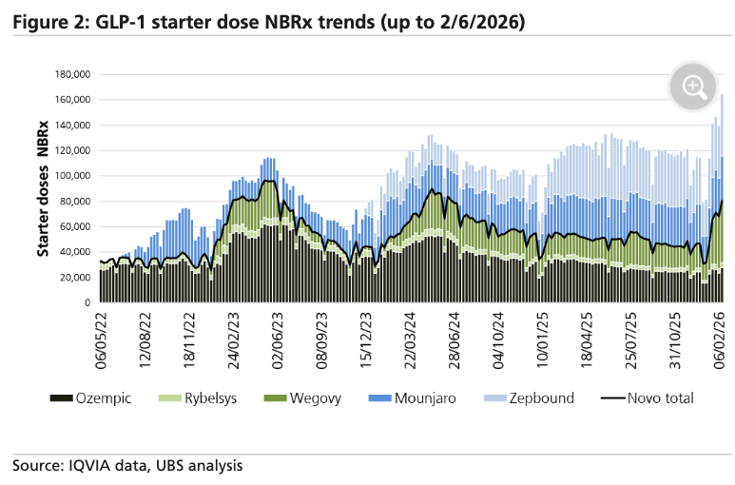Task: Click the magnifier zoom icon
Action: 693,87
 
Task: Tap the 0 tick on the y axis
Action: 87,302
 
